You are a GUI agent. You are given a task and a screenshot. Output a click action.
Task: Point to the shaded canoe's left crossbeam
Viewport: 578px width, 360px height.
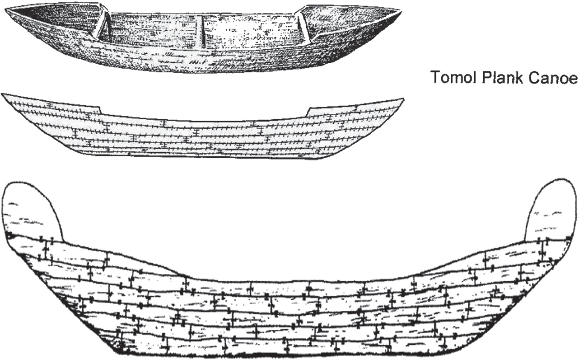pos(104,24)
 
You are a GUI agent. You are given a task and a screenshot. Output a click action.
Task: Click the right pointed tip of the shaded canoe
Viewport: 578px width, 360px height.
pos(399,11)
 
